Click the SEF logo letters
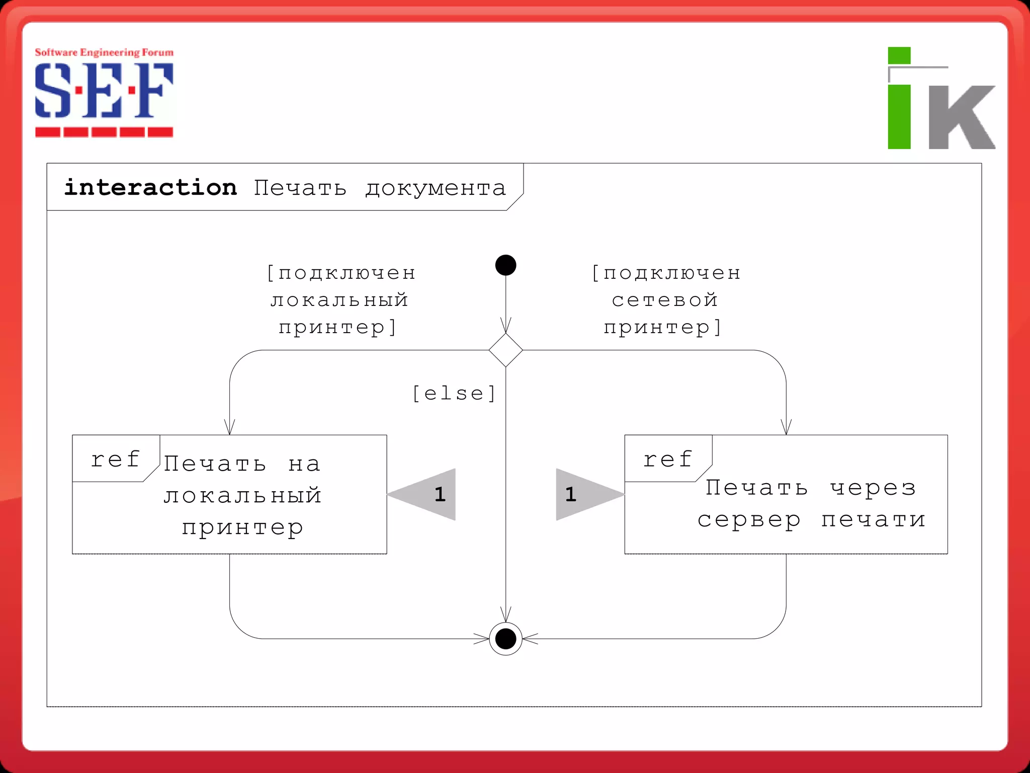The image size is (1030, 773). [104, 91]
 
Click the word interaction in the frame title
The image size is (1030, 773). [150, 188]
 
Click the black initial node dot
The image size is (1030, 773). [505, 265]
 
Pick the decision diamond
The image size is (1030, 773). [505, 350]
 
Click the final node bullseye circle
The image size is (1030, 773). [505, 639]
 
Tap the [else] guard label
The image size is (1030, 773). [454, 394]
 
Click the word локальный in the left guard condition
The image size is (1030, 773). [339, 300]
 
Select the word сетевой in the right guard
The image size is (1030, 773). [665, 300]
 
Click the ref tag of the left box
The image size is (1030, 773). [115, 459]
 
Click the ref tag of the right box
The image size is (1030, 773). [667, 459]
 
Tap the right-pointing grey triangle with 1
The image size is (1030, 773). [583, 495]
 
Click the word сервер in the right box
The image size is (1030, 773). [749, 520]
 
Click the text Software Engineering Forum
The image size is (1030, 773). [104, 52]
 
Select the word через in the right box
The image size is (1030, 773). [873, 488]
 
